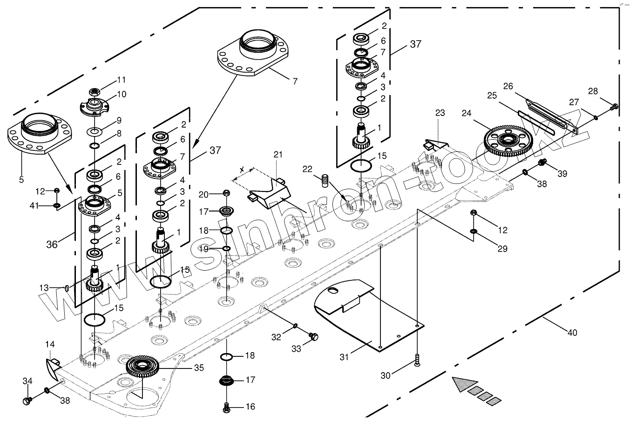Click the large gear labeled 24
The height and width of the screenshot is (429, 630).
[508, 140]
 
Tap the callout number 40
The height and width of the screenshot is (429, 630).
[572, 333]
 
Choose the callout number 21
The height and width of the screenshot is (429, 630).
[278, 155]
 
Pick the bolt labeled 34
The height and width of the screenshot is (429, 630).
[27, 400]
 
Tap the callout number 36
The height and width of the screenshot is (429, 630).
[52, 244]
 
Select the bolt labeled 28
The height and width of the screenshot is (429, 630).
[614, 107]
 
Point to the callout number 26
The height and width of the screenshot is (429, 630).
[508, 86]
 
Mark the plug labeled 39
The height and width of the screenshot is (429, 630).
[542, 163]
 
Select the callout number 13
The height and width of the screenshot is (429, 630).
[43, 288]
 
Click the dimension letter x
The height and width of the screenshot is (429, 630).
[241, 171]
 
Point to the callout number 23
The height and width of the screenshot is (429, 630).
[440, 113]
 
